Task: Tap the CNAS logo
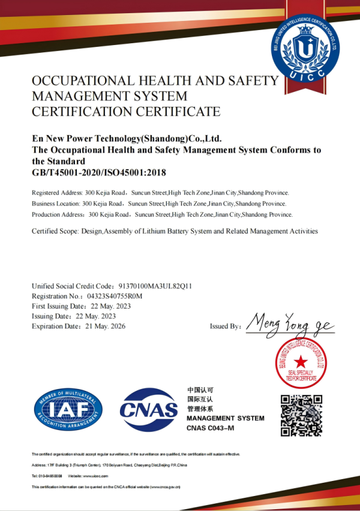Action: pyautogui.click(x=149, y=409)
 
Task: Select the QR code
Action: pyautogui.click(x=302, y=415)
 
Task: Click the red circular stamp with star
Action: pyautogui.click(x=301, y=361)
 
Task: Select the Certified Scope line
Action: pyautogui.click(x=174, y=231)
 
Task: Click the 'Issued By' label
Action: pyautogui.click(x=226, y=326)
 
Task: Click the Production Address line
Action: pyautogui.click(x=162, y=214)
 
